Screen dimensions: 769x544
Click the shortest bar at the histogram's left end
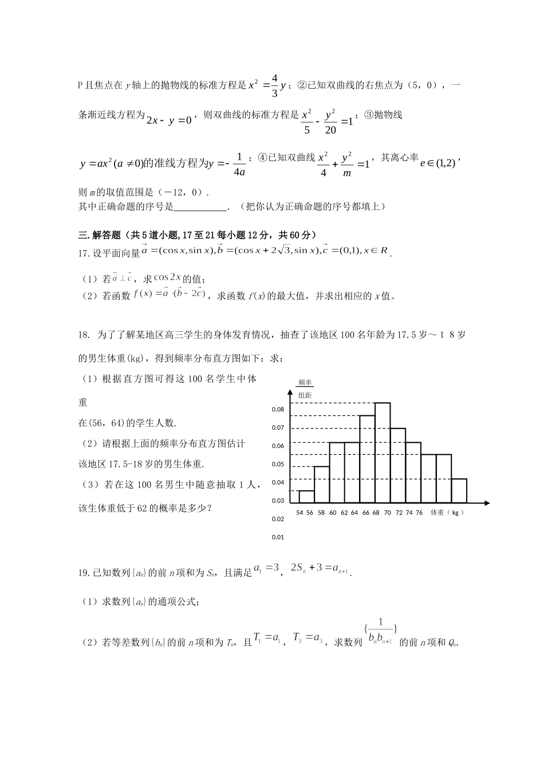click(306, 497)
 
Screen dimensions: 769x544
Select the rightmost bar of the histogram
click(459, 490)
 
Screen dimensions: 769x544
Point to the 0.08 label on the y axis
click(278, 409)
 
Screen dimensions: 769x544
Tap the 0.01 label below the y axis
click(278, 537)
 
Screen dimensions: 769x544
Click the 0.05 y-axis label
click(278, 464)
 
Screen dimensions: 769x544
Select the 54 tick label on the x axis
click(299, 513)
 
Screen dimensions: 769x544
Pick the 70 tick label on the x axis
click(387, 513)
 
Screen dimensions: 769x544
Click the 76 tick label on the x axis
click(419, 513)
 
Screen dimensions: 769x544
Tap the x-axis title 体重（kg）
click(447, 513)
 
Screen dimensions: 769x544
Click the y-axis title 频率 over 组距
click(305, 389)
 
